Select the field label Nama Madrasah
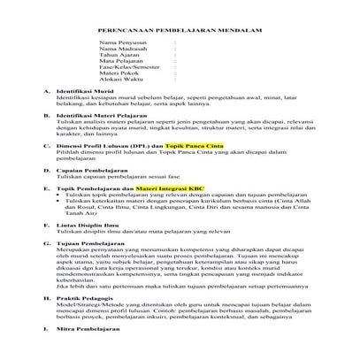click(119, 48)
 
